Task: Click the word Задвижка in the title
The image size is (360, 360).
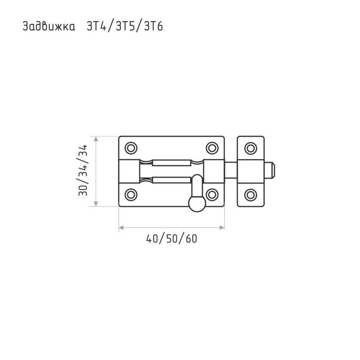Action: click(x=49, y=26)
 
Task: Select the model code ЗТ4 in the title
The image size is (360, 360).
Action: click(x=97, y=26)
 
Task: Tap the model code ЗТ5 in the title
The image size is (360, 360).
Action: click(x=125, y=26)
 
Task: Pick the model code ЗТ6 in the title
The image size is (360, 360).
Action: click(x=153, y=26)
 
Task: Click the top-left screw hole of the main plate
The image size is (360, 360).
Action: click(x=131, y=148)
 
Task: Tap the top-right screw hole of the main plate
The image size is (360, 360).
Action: click(x=212, y=148)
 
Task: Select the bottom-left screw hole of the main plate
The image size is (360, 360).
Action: click(x=131, y=195)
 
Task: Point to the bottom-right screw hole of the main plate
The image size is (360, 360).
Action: click(x=212, y=195)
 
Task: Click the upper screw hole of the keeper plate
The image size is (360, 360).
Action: click(x=251, y=148)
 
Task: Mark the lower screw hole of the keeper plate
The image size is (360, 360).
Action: click(x=251, y=195)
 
